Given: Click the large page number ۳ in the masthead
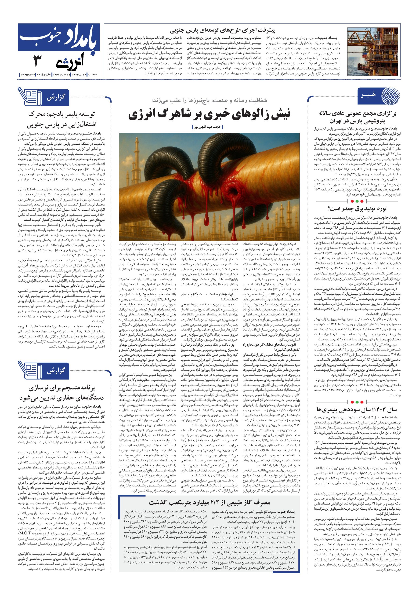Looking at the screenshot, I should coord(38,62).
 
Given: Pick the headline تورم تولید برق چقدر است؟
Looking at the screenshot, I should coord(357,208).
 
